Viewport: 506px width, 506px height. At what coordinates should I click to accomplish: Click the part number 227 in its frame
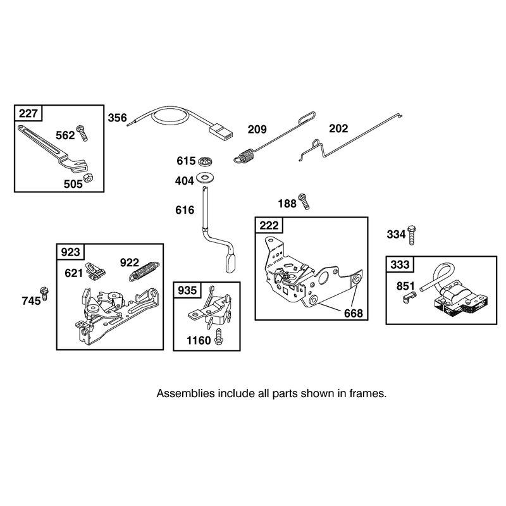[28, 114]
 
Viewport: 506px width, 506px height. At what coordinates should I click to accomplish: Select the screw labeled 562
[82, 133]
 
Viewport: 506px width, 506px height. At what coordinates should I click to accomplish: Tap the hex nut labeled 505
[88, 178]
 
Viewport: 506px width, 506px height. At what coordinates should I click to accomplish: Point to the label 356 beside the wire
[117, 118]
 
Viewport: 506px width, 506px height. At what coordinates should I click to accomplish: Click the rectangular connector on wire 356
[221, 133]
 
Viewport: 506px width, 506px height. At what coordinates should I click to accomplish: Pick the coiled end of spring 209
[245, 155]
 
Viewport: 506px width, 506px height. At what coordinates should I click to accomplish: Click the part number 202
[338, 128]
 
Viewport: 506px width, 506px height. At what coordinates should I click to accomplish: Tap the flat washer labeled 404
[205, 178]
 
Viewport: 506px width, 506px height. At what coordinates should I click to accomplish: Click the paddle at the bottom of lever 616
[231, 263]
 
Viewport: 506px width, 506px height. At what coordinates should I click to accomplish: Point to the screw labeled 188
[304, 201]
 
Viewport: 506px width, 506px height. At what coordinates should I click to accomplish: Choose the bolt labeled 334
[411, 235]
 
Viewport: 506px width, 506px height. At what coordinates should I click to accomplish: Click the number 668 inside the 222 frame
[354, 313]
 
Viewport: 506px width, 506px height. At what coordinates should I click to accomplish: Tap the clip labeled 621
[96, 271]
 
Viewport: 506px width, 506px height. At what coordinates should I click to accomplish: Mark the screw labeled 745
[44, 293]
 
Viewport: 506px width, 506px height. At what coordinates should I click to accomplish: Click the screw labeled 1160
[219, 337]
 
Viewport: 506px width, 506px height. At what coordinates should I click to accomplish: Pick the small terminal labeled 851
[409, 297]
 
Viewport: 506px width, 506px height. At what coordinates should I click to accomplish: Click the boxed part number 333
[400, 264]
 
